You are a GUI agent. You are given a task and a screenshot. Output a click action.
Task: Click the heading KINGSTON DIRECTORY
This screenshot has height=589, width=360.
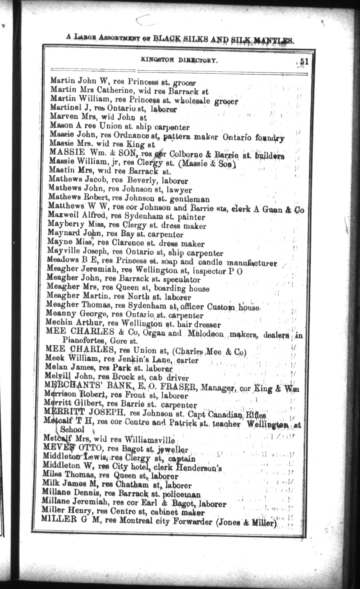[179, 60]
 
